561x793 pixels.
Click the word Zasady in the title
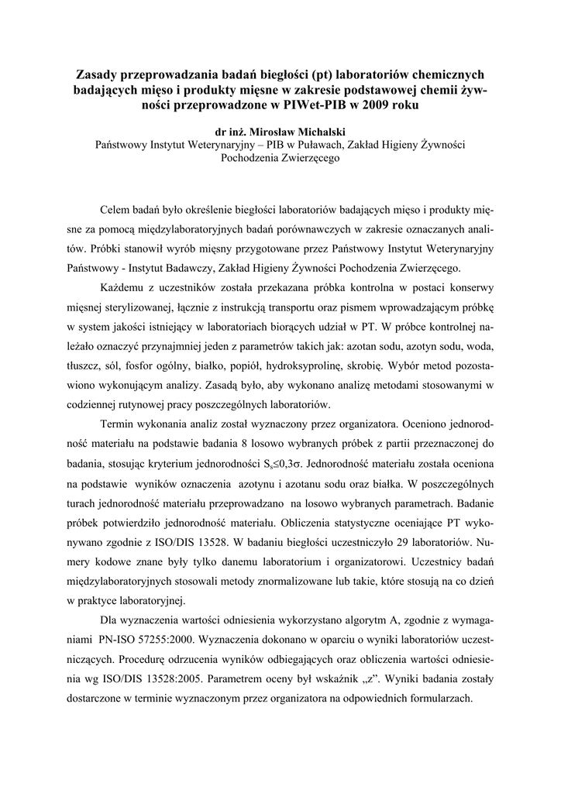(x=98, y=74)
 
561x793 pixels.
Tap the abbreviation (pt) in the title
(x=321, y=74)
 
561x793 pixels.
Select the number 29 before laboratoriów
(x=412, y=542)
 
